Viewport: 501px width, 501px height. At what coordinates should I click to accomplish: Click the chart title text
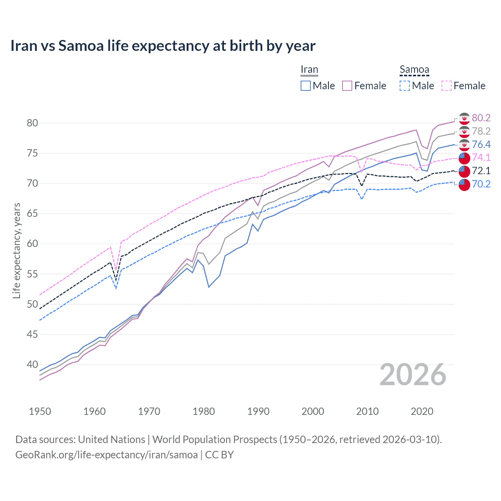pyautogui.click(x=163, y=46)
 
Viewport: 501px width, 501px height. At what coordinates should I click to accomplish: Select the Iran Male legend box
pyautogui.click(x=306, y=86)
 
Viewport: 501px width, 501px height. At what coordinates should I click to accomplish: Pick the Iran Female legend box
pyautogui.click(x=347, y=86)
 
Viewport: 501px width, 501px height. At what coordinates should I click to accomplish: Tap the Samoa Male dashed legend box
pyautogui.click(x=405, y=86)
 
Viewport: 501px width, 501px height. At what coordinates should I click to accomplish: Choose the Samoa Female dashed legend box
pyautogui.click(x=447, y=86)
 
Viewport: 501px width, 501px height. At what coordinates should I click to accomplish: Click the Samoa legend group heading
pyautogui.click(x=414, y=70)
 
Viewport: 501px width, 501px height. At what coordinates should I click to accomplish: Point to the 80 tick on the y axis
pyautogui.click(x=32, y=123)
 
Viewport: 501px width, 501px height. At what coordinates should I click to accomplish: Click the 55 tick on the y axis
pyautogui.click(x=32, y=274)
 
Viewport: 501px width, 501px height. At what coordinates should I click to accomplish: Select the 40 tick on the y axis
pyautogui.click(x=32, y=364)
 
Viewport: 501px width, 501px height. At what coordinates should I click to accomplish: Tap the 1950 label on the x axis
pyautogui.click(x=40, y=411)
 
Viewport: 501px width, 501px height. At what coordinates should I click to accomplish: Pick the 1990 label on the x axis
pyautogui.click(x=258, y=411)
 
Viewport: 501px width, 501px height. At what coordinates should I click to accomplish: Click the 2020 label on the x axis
pyautogui.click(x=422, y=411)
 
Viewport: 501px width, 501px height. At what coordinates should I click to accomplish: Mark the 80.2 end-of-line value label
pyautogui.click(x=481, y=118)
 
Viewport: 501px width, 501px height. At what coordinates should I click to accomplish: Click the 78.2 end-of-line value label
pyautogui.click(x=481, y=131)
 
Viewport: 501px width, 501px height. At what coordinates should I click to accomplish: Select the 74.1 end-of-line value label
pyautogui.click(x=481, y=157)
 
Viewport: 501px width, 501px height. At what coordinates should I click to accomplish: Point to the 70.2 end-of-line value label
pyautogui.click(x=481, y=184)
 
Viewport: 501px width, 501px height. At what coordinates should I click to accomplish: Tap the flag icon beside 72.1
pyautogui.click(x=464, y=171)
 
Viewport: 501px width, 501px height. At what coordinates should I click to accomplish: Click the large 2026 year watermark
pyautogui.click(x=413, y=375)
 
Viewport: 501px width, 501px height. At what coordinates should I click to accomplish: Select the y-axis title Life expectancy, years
pyautogui.click(x=16, y=250)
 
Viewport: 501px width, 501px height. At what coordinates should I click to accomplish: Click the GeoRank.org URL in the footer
pyautogui.click(x=106, y=455)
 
